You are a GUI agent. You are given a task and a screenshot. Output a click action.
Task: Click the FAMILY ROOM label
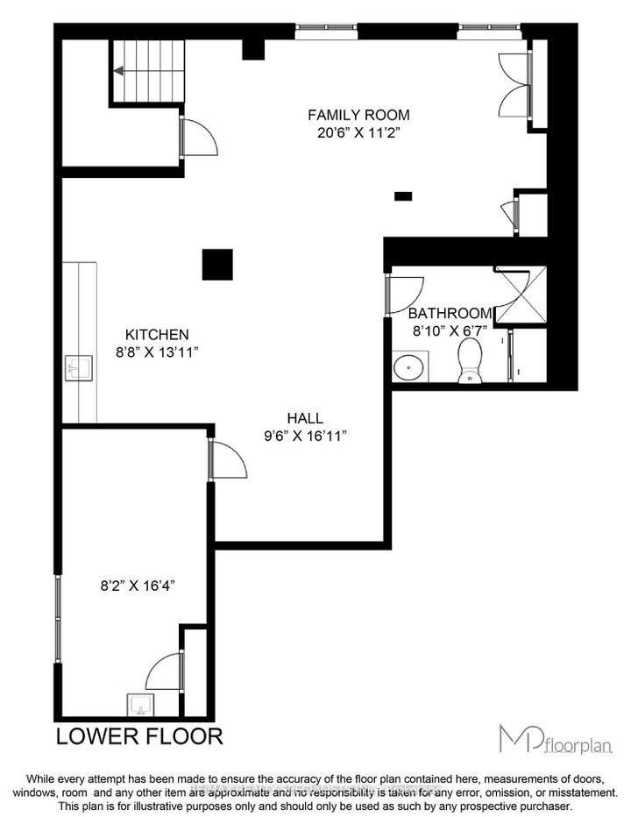[x=358, y=115]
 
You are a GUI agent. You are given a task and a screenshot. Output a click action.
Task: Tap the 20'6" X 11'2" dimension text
[x=358, y=133]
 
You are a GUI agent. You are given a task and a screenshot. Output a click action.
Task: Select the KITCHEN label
[x=157, y=334]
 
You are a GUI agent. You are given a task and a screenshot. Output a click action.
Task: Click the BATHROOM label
[x=450, y=313]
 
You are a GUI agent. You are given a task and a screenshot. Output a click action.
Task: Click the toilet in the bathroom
[x=471, y=361]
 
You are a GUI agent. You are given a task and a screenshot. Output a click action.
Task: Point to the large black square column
[x=217, y=264]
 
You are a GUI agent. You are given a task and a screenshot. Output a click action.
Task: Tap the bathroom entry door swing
[x=403, y=293]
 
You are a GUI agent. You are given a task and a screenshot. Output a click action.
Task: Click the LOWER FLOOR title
[x=139, y=735]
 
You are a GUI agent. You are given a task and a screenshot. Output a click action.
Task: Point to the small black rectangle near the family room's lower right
[x=403, y=196]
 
